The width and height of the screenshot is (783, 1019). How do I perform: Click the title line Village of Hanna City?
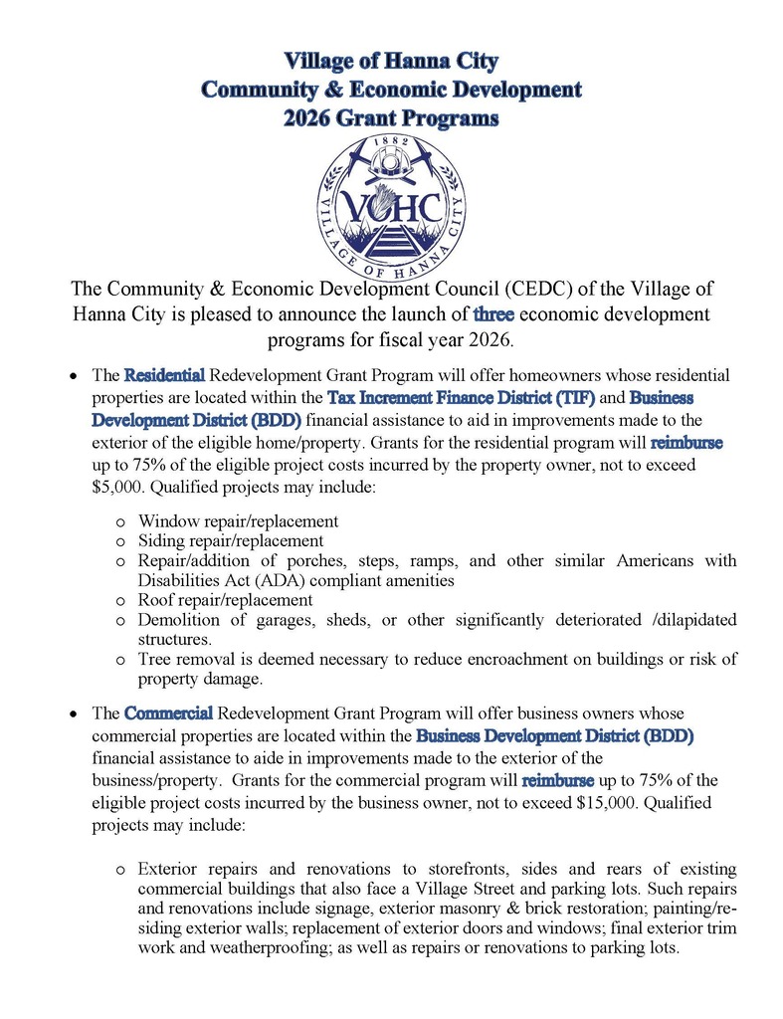coord(391,61)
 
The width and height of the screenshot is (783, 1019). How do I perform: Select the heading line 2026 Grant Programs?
coord(391,118)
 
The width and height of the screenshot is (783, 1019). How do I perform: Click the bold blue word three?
coord(494,315)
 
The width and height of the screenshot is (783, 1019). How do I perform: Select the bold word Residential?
coord(164,375)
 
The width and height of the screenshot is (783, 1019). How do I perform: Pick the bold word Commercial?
coord(168,713)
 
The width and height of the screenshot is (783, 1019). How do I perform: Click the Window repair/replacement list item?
coord(238,521)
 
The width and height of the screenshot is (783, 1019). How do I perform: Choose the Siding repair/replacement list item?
coord(231,541)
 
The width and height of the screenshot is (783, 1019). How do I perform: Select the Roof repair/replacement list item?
coord(226,600)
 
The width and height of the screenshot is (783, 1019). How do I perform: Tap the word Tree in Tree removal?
coord(155,660)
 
